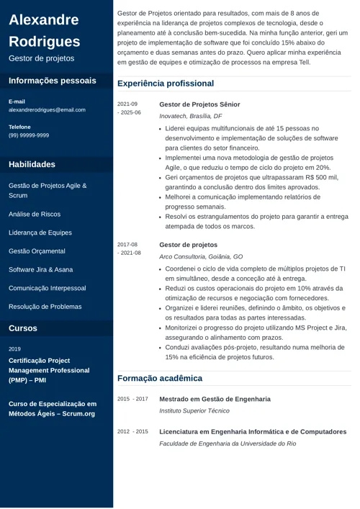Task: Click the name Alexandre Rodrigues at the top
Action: click(x=45, y=30)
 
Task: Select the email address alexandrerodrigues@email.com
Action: click(x=47, y=110)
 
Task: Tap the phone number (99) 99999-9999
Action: click(x=29, y=135)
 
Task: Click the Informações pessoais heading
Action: click(x=52, y=81)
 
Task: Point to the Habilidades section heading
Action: click(x=32, y=164)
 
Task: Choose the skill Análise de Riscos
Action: click(x=35, y=214)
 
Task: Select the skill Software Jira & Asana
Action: click(x=41, y=269)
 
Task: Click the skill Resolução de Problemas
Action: click(x=45, y=307)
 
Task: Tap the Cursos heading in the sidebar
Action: click(x=23, y=328)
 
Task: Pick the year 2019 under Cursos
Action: click(x=14, y=348)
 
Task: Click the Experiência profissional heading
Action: click(x=166, y=84)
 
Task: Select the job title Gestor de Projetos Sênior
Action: click(x=199, y=104)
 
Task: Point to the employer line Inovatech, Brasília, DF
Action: click(x=190, y=116)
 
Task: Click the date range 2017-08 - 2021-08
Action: click(x=129, y=249)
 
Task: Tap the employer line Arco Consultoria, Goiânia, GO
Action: click(x=201, y=256)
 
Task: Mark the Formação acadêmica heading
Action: click(x=160, y=378)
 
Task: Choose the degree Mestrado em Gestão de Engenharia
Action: click(x=215, y=399)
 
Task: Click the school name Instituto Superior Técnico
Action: click(x=194, y=411)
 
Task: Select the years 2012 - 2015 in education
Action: click(x=132, y=432)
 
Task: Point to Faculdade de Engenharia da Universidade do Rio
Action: click(x=228, y=443)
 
